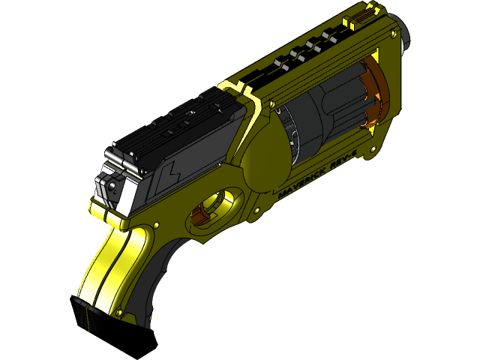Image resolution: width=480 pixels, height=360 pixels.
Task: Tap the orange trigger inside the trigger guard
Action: coord(201,215)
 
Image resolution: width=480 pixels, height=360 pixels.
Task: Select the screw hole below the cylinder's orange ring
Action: coord(370,132)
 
